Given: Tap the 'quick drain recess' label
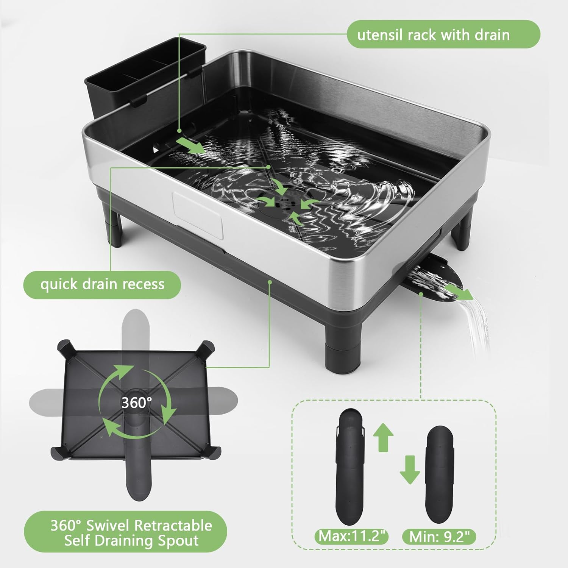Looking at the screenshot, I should [x=102, y=284].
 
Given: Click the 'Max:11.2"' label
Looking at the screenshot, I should [x=352, y=536].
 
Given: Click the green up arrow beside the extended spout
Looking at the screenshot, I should [x=383, y=437].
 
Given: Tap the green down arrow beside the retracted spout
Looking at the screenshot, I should [x=409, y=470].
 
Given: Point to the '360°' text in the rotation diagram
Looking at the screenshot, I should [x=137, y=402].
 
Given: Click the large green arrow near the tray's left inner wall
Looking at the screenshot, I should [x=191, y=145].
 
